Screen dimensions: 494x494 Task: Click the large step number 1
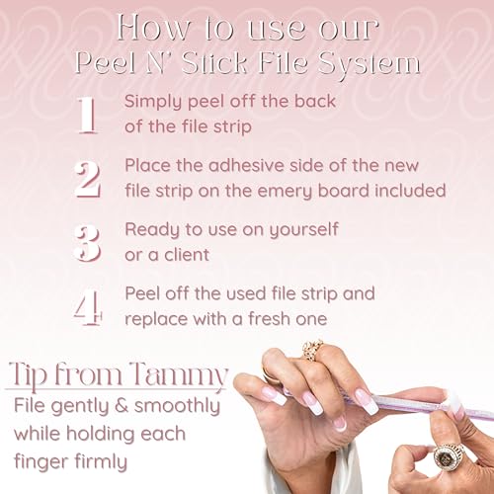pos(88,116)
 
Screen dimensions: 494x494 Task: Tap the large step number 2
pos(87,180)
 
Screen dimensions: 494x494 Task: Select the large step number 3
pos(87,243)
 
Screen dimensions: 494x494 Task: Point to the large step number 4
pos(88,307)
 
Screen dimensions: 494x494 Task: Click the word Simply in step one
pos(153,102)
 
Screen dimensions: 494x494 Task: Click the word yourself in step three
pos(303,229)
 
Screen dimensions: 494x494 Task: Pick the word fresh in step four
pos(270,318)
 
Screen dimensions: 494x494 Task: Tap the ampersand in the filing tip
pos(122,406)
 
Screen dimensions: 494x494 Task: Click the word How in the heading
pos(153,29)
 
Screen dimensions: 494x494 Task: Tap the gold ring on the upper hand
pos(312,351)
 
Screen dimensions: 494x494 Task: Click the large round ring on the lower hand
pos(449,457)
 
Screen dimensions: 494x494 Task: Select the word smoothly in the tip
pos(177,407)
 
